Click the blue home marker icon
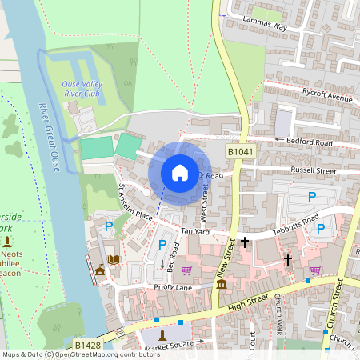click(x=180, y=173)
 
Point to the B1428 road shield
click(x=86, y=345)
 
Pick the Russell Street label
click(x=314, y=170)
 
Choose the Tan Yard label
click(x=194, y=231)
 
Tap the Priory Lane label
click(x=172, y=286)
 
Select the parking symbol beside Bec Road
click(x=162, y=245)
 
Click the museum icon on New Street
click(x=221, y=285)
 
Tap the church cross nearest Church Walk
click(x=288, y=259)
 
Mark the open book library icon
click(x=114, y=259)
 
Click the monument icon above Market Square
click(x=162, y=334)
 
